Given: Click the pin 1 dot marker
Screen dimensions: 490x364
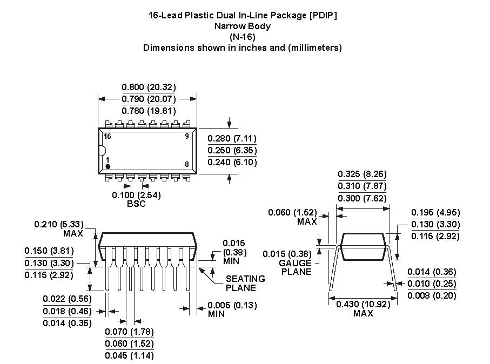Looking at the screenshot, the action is point(108,166).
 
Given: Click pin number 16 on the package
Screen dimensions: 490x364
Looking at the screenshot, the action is point(107,136).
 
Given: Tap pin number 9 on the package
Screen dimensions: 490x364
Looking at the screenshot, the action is point(187,136).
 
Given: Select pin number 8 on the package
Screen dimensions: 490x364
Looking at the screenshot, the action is point(187,164).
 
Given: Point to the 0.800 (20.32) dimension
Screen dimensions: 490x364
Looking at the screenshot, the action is point(149,87).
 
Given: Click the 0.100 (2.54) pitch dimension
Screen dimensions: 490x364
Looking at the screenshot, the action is point(136,196).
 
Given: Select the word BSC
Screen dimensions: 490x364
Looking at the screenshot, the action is point(136,204).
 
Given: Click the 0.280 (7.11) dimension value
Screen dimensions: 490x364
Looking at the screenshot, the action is point(232,138).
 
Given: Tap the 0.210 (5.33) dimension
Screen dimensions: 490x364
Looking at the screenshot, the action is point(59,224).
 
